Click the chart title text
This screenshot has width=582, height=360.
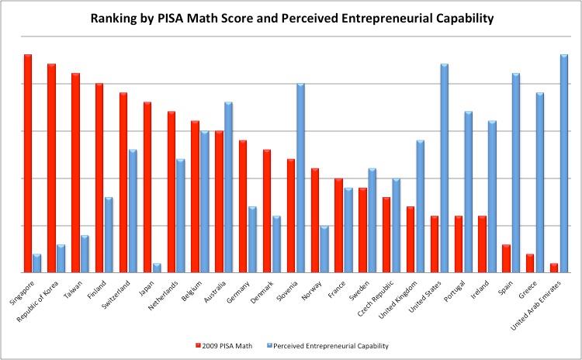[x=291, y=19]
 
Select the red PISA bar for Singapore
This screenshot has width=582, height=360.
[x=28, y=163]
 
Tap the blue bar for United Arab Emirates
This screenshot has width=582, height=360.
[x=564, y=163]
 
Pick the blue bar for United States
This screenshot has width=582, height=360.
[x=445, y=168]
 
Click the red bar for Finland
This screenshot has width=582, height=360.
[x=99, y=178]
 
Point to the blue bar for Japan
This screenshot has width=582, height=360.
[x=157, y=268]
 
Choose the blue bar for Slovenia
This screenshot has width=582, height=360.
[x=300, y=178]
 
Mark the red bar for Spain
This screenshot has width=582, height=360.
[x=506, y=258]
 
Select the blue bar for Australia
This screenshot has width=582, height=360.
[x=229, y=187]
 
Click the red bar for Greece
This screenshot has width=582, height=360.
[x=530, y=263]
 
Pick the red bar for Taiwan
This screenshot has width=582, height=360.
[x=76, y=172]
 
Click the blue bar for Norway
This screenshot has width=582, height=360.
[x=324, y=249]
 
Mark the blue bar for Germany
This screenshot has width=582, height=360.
[x=253, y=239]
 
